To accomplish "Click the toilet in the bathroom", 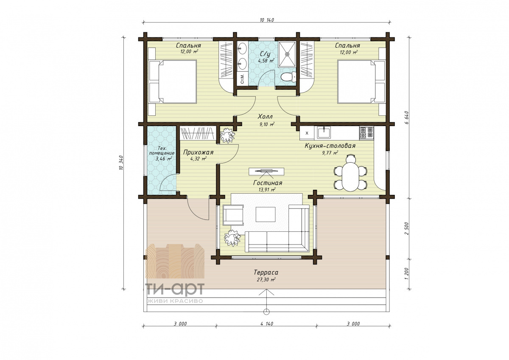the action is [288, 77].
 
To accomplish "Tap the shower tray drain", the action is [288, 54].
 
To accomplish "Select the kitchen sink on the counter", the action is [323, 132].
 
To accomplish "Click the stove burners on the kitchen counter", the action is [366, 133].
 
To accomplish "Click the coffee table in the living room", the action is [266, 214].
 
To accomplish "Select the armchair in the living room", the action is [233, 215].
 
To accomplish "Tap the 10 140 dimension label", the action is [266, 20].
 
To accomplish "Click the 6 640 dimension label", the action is [406, 117].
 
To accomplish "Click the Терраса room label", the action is [266, 272].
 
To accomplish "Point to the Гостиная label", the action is [268, 183].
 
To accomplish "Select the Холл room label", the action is [265, 117].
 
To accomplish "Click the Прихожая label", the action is [198, 152].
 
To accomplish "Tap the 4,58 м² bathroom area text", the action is [266, 61].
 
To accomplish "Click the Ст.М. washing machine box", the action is [242, 79].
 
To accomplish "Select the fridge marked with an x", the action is [307, 133].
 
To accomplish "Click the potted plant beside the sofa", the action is [232, 238].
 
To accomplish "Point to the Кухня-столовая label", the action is [330, 146].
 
